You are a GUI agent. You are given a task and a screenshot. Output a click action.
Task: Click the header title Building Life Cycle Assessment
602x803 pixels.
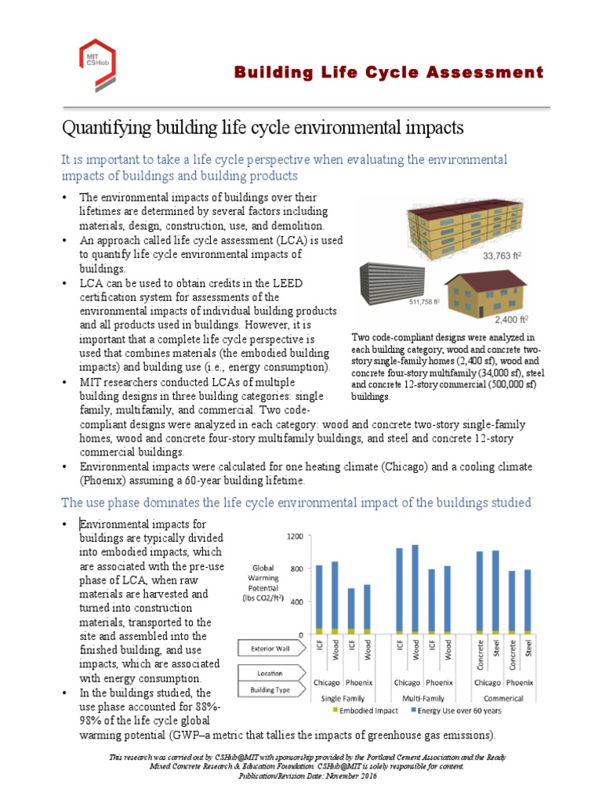pyautogui.click(x=389, y=73)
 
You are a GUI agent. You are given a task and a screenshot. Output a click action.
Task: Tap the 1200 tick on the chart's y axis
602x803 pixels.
pyautogui.click(x=294, y=536)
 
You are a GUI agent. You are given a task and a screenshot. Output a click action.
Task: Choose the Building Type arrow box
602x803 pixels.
pyautogui.click(x=269, y=689)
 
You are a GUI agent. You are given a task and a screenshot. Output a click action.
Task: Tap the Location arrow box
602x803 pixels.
pyautogui.click(x=269, y=673)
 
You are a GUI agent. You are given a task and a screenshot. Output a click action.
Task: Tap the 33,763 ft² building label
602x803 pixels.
pyautogui.click(x=502, y=256)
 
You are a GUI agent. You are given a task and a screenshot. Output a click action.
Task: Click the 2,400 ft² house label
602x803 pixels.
pyautogui.click(x=511, y=320)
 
